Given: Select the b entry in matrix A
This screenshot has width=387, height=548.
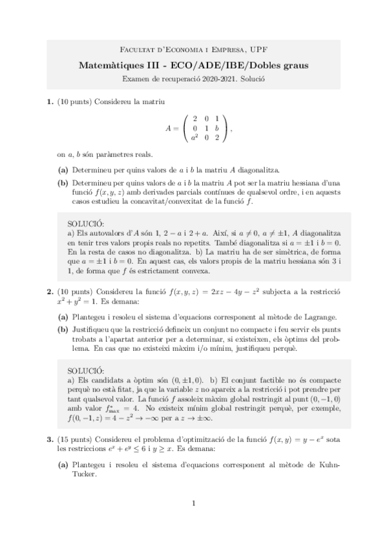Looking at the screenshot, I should [x=217, y=128].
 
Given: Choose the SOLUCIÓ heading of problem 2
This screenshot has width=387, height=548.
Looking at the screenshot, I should [x=85, y=370].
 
